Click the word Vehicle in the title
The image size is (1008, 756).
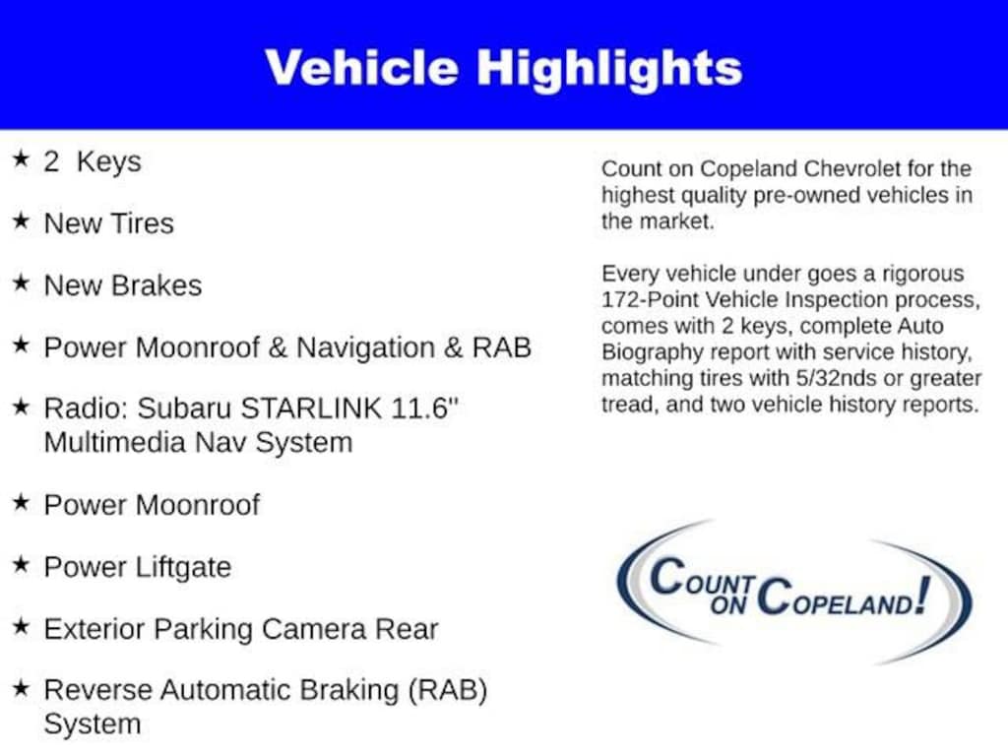point(361,67)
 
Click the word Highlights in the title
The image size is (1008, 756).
point(609,67)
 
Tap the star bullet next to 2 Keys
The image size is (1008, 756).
point(21,159)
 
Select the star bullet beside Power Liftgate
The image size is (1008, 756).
point(21,565)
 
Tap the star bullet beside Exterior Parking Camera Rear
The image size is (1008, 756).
point(21,627)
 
